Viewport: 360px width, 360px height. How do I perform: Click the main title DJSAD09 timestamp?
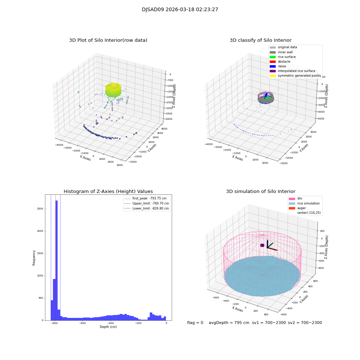pos(180,10)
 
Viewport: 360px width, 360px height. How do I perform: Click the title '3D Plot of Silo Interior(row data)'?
pos(108,40)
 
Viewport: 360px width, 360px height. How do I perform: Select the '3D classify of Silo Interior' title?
pos(261,40)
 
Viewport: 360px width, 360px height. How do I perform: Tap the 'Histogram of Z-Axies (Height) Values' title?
pos(108,192)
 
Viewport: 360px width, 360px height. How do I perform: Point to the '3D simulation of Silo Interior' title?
pos(261,192)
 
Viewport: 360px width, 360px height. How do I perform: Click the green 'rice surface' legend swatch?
pos(273,57)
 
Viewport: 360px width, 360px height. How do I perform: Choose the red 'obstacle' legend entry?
pos(284,62)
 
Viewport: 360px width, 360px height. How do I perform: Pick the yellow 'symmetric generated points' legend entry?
pos(299,76)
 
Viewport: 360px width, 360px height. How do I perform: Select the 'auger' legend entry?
pos(301,208)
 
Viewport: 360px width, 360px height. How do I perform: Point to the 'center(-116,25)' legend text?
pos(309,213)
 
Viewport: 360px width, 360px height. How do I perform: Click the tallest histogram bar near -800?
pos(57,259)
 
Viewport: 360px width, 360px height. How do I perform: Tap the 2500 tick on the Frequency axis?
pos(40,209)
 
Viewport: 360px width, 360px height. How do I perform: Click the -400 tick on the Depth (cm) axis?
pos(111,323)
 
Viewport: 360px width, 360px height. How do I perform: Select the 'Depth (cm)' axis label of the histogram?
pos(108,327)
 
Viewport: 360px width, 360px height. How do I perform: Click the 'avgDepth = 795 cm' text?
pos(229,323)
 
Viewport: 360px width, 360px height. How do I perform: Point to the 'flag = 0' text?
pos(195,323)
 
